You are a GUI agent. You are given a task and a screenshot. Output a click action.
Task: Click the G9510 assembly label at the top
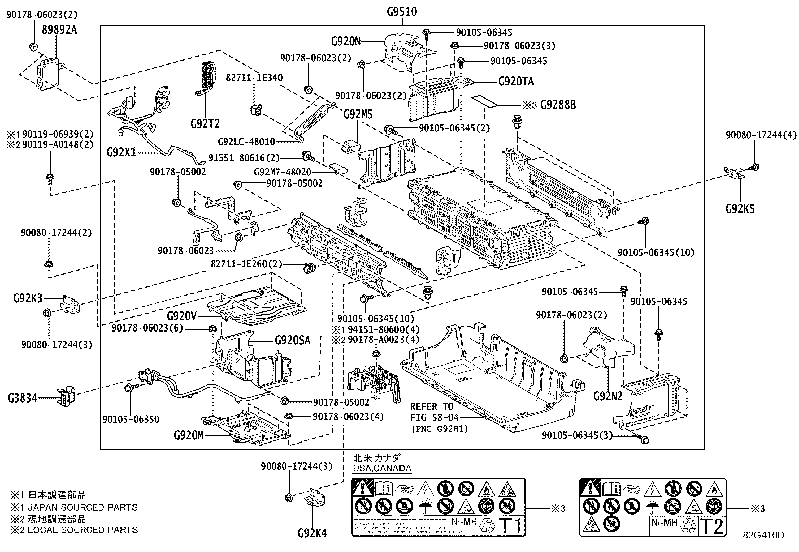coord(402,11)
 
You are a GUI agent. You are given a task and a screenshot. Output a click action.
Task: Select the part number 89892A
coord(59,29)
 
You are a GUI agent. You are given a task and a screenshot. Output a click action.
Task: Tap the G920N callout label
coord(346,41)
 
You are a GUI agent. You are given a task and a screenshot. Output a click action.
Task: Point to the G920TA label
coord(516,81)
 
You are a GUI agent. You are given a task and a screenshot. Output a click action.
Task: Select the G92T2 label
coord(205,123)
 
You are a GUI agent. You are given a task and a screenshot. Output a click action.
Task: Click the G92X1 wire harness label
coord(121,151)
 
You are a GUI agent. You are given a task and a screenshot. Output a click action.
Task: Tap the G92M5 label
coord(358,115)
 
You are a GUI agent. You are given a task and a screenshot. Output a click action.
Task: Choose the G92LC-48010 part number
coord(246,142)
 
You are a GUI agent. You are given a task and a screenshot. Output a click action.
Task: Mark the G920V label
coord(181,316)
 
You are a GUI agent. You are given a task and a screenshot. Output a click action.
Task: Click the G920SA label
coord(292,340)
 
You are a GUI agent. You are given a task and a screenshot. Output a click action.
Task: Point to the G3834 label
coord(23,398)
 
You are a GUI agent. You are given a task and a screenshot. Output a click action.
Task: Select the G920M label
coord(189,435)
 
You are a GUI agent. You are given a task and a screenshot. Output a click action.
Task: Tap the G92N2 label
coord(607,396)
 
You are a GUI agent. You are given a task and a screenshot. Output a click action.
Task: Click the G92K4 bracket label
coord(312,533)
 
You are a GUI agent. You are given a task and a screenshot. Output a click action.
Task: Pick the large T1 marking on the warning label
coord(511,526)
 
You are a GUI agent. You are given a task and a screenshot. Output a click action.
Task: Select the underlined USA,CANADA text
coord(381,468)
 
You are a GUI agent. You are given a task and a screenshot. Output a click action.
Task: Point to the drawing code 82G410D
coord(763,535)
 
